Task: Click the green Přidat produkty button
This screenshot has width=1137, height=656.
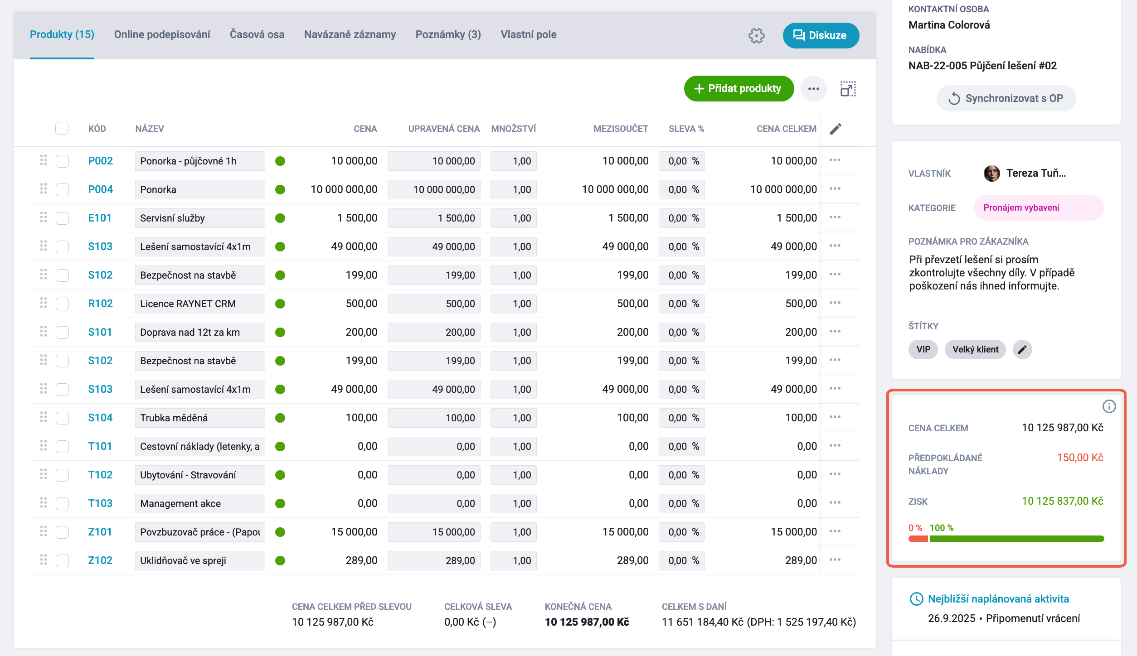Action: coord(739,88)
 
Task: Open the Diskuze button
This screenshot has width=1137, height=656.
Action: coord(821,35)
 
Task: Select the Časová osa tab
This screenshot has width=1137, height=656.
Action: coord(257,34)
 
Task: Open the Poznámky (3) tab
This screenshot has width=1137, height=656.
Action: coord(448,34)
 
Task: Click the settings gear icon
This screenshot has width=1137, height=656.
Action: coord(756,35)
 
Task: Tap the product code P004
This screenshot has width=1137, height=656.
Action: coord(100,189)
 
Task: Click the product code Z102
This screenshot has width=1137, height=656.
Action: coord(100,560)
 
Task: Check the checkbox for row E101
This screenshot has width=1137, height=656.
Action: coord(62,218)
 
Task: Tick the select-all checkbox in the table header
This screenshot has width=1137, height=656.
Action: coord(62,128)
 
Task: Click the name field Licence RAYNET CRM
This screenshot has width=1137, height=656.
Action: coord(200,304)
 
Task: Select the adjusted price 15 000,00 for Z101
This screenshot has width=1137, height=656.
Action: coord(434,532)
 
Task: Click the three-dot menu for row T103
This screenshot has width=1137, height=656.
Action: coord(835,502)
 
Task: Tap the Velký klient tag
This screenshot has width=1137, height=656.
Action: coord(975,349)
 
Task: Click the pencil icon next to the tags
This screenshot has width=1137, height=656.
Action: coord(1022,349)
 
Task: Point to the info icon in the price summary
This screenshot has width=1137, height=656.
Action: coord(1109,406)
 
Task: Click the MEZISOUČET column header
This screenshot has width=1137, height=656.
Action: coord(621,129)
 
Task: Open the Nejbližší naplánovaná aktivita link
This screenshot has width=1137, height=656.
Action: coord(998,599)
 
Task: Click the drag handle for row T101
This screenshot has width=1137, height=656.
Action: coord(44,446)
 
